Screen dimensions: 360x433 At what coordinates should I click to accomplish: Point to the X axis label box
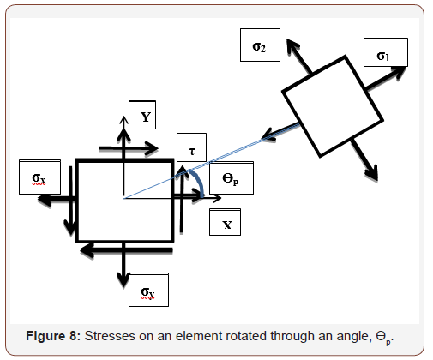point(226,222)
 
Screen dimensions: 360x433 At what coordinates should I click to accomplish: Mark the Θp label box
point(230,177)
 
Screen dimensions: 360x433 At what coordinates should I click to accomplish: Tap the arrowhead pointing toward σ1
point(400,71)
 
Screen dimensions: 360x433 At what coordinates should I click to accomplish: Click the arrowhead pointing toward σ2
point(292,45)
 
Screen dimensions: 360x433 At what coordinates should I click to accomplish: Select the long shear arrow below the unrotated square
point(129,249)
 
